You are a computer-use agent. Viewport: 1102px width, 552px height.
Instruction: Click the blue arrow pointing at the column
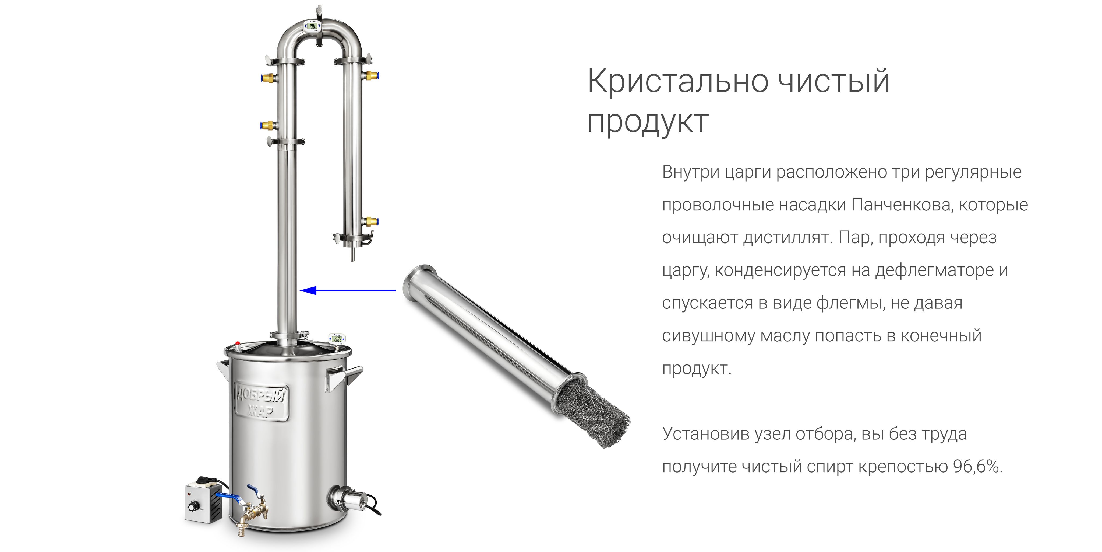348,291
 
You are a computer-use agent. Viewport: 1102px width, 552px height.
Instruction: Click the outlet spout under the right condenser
352,254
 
